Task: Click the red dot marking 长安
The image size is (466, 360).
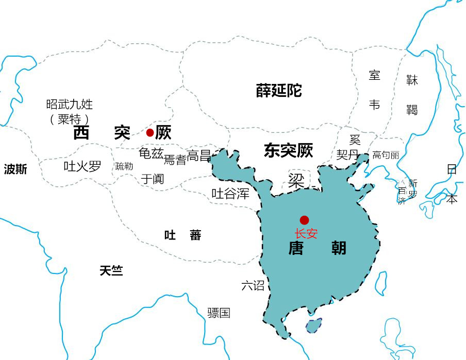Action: [304, 220]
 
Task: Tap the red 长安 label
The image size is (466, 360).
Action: [306, 233]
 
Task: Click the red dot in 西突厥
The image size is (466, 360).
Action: [150, 132]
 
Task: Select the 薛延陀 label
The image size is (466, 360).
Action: [279, 91]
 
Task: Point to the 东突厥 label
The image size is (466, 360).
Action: [288, 150]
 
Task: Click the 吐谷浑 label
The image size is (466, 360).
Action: [230, 194]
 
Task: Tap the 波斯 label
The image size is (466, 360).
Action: [15, 169]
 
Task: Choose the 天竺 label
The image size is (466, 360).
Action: [111, 270]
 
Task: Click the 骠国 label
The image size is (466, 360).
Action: [219, 313]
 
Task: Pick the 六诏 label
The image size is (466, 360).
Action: [253, 285]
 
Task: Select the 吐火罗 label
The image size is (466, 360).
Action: [82, 166]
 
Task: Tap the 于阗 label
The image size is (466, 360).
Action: [153, 179]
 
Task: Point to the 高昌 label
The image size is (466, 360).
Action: [199, 156]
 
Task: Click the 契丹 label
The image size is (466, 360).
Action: [348, 155]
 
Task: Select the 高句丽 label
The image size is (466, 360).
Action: [386, 155]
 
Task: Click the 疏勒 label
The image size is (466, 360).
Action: [124, 166]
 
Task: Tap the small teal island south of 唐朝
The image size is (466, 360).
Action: [313, 325]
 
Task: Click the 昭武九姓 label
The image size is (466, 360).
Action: [70, 105]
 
